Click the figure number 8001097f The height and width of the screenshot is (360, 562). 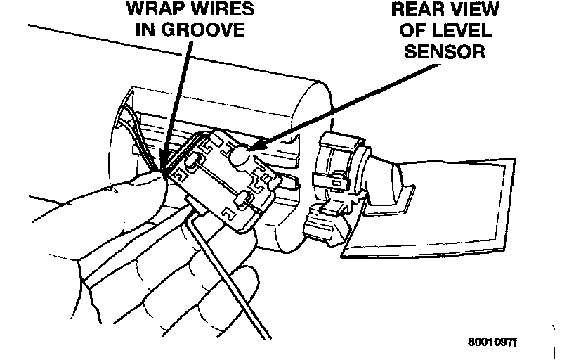pyautogui.click(x=492, y=342)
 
